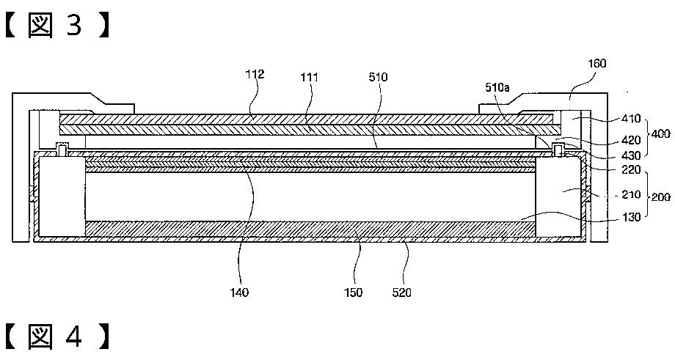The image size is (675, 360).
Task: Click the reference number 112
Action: pyautogui.click(x=255, y=75)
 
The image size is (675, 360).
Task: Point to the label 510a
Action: pyautogui.click(x=497, y=87)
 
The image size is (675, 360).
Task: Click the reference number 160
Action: pyautogui.click(x=596, y=64)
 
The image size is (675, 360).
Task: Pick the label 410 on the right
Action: pyautogui.click(x=631, y=118)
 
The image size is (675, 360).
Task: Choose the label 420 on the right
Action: pyautogui.click(x=631, y=139)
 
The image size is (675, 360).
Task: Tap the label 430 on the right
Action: pyautogui.click(x=631, y=155)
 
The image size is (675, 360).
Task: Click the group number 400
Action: pyautogui.click(x=661, y=136)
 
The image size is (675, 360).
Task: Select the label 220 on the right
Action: pyautogui.click(x=631, y=169)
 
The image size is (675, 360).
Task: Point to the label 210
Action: pyautogui.click(x=631, y=195)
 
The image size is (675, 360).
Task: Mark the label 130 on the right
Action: pyautogui.click(x=631, y=217)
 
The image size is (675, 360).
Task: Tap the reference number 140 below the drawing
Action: pyautogui.click(x=239, y=293)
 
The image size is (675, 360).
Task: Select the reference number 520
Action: pyautogui.click(x=401, y=293)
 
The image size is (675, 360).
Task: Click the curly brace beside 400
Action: pyautogui.click(x=648, y=136)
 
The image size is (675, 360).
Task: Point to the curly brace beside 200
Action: pyautogui.click(x=648, y=195)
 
